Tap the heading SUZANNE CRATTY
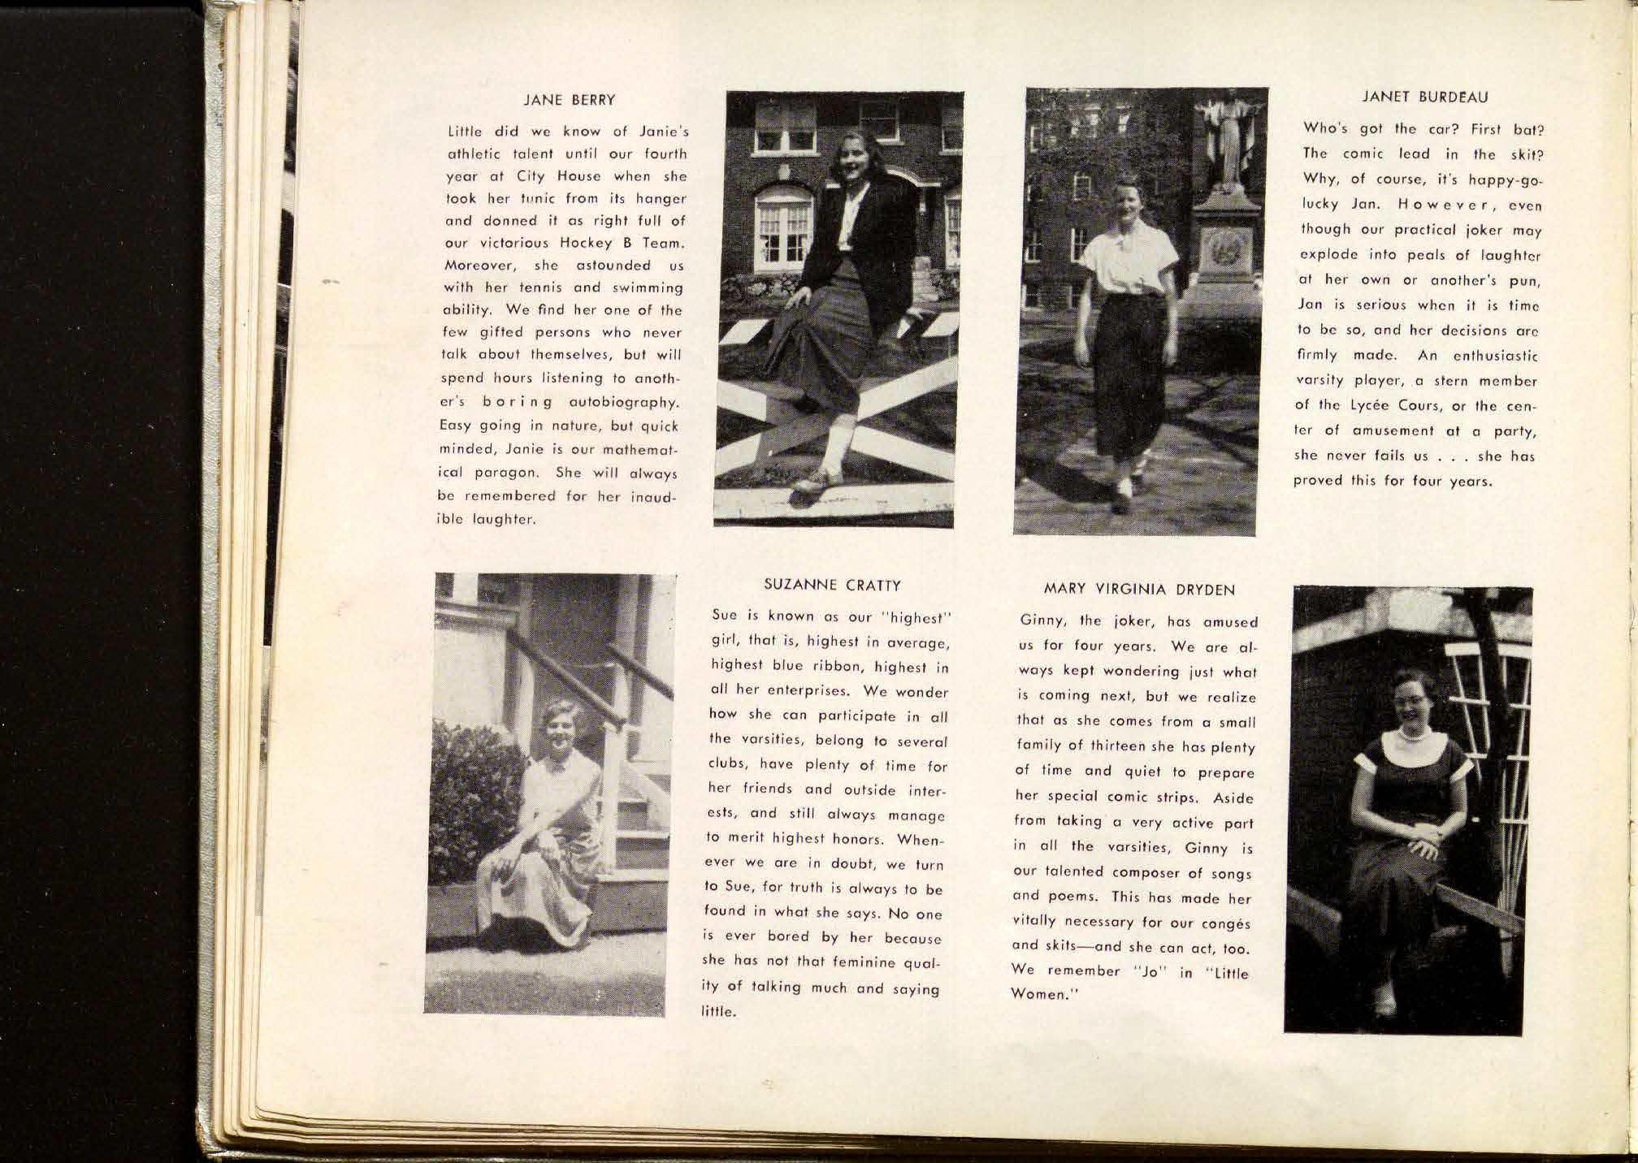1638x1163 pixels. pyautogui.click(x=832, y=584)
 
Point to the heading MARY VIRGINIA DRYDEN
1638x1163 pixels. pyautogui.click(x=1138, y=590)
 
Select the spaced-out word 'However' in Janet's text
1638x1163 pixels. pyautogui.click(x=1428, y=206)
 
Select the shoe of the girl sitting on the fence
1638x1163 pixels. pyautogui.click(x=816, y=482)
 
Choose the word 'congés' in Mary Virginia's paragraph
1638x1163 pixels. pyautogui.click(x=1223, y=924)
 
